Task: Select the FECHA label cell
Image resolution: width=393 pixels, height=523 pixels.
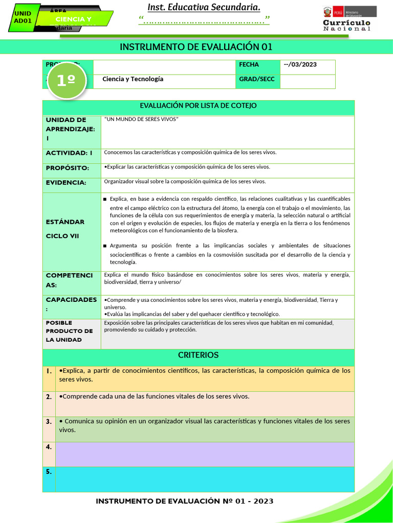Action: click(249, 64)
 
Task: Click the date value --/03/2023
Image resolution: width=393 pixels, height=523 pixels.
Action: click(300, 64)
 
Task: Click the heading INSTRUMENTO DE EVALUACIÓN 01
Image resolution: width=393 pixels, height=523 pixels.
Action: click(196, 47)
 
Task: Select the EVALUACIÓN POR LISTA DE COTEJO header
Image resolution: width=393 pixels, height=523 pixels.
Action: click(198, 106)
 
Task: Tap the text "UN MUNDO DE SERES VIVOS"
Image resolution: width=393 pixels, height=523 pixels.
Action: click(141, 119)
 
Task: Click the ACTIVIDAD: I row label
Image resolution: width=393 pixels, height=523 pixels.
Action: click(70, 153)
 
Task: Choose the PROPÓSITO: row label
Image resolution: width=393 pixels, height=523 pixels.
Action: click(68, 168)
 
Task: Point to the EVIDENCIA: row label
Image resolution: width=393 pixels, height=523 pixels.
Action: click(66, 182)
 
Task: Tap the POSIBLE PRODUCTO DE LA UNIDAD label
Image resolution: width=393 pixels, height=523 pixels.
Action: click(69, 331)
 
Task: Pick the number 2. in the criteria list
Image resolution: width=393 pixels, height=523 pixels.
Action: click(49, 397)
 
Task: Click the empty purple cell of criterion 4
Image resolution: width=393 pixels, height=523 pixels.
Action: click(204, 454)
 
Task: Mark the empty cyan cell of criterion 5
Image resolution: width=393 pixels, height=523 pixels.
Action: click(204, 479)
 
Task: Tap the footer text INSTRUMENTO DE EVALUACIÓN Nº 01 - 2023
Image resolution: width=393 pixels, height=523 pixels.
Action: click(185, 501)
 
